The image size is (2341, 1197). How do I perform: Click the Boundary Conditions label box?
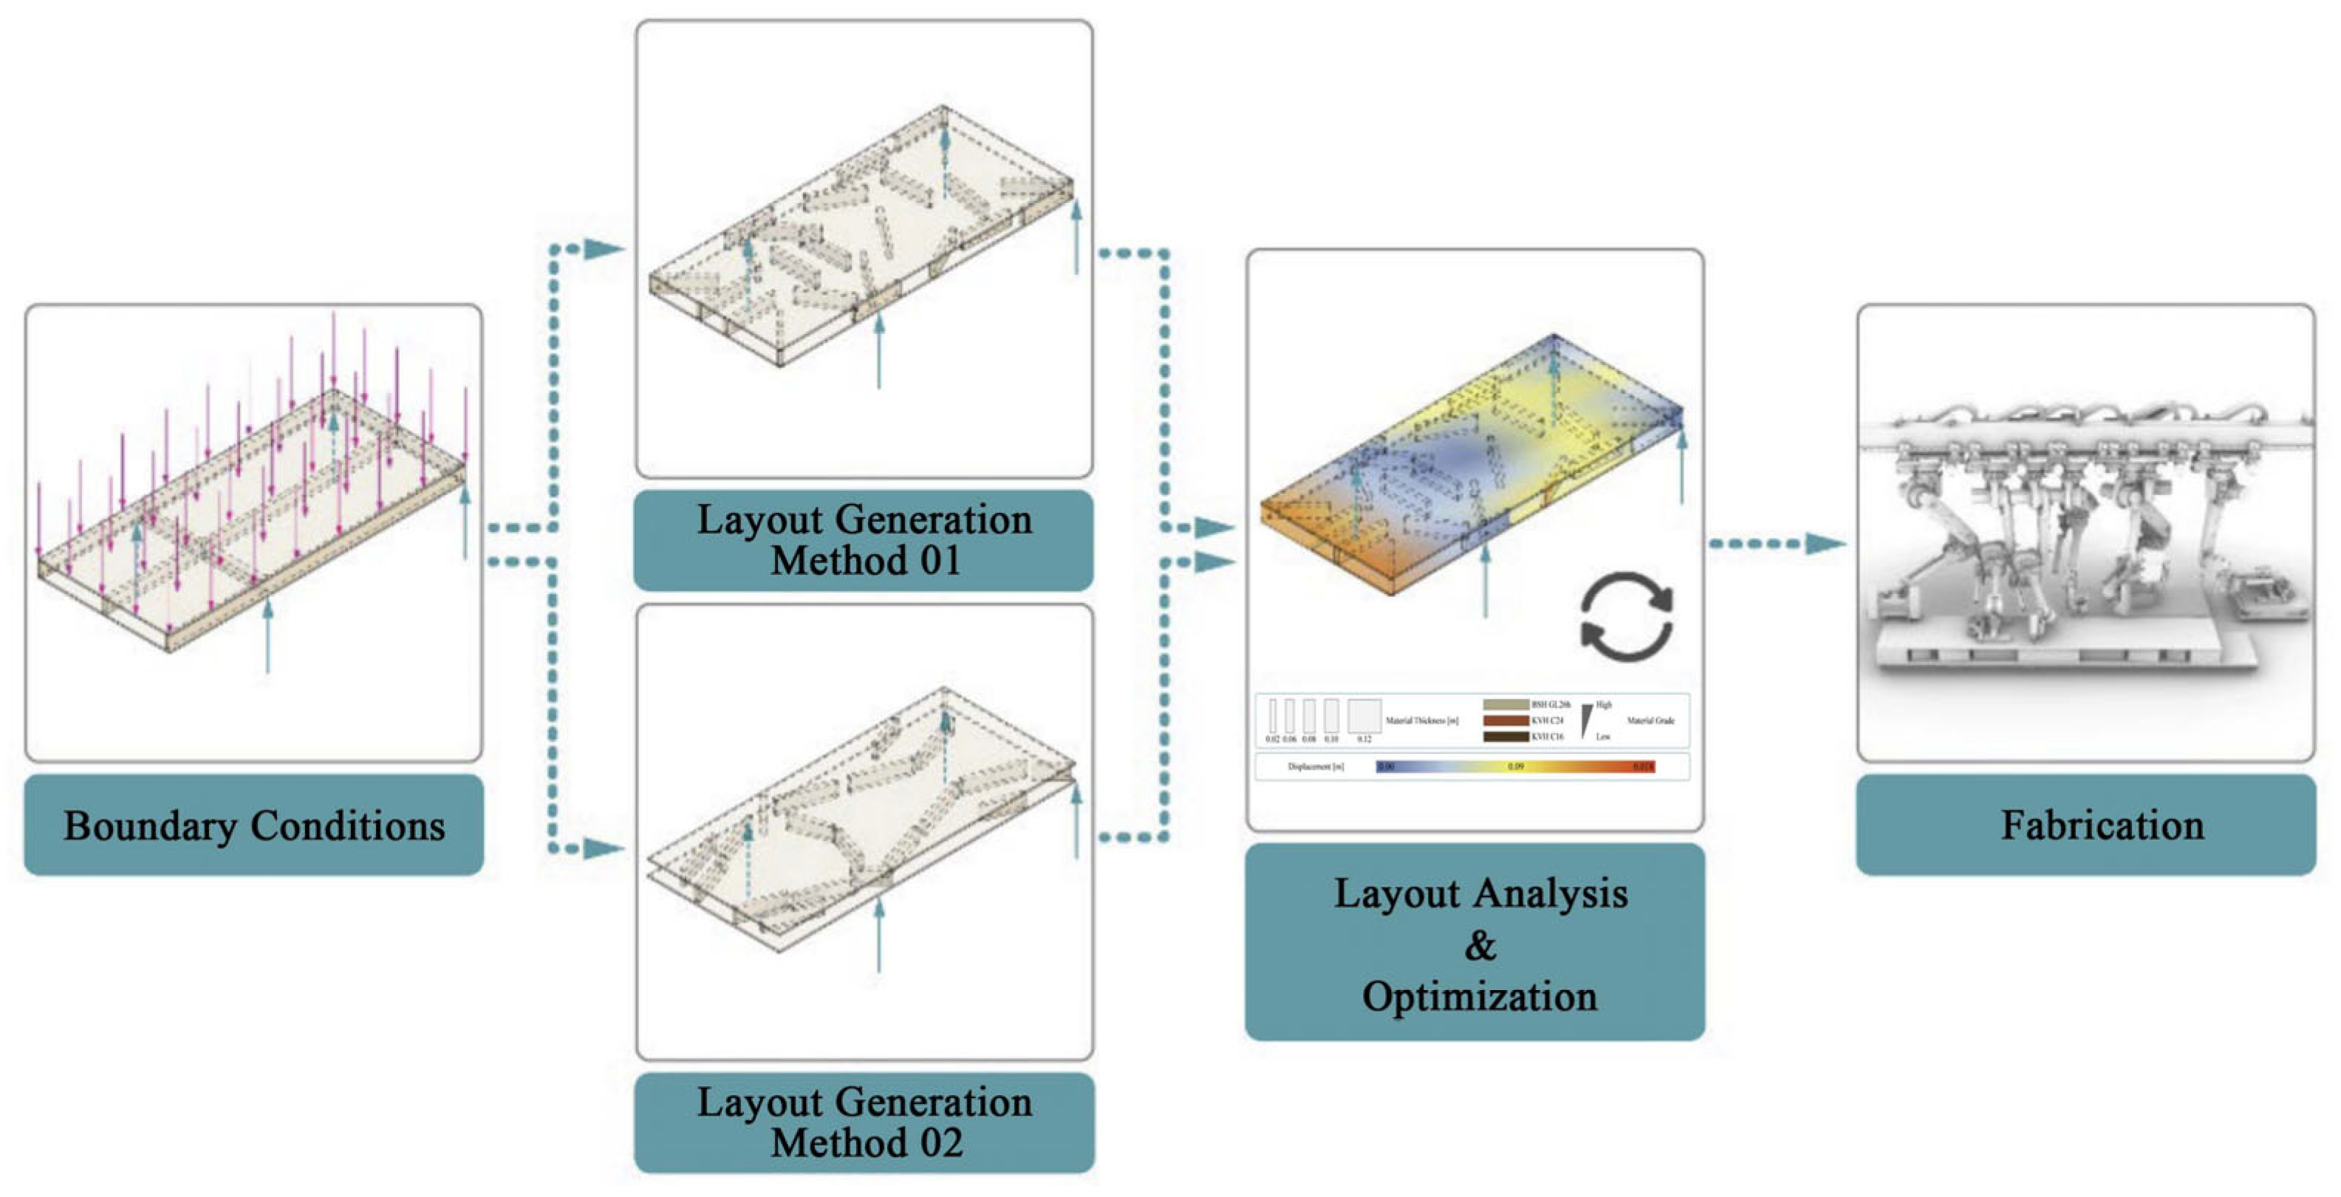pos(253,825)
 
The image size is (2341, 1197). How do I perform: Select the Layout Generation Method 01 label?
pos(864,540)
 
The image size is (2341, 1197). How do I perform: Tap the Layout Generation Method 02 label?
pos(864,1122)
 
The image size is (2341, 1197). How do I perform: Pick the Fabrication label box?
pos(2085,825)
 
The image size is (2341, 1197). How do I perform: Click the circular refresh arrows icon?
pos(1626,615)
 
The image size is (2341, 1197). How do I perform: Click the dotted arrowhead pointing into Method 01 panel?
pos(604,248)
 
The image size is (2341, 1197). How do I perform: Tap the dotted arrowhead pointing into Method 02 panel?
pos(604,848)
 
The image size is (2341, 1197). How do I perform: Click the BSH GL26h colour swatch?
pos(1506,704)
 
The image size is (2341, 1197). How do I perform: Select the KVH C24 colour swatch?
pos(1506,720)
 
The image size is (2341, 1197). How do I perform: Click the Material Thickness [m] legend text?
pos(1422,720)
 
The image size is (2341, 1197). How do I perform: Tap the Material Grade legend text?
pos(1650,720)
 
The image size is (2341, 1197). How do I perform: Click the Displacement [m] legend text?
pos(1315,767)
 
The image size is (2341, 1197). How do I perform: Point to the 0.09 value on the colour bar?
pos(1515,767)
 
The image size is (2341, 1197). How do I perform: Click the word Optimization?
pos(1480,996)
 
